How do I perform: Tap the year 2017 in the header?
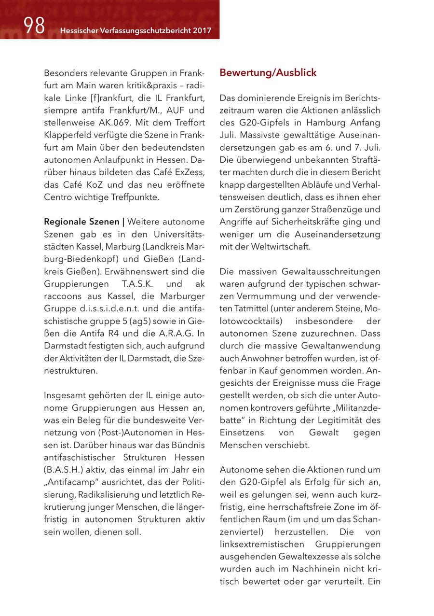202,31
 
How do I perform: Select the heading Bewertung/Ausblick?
268,73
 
